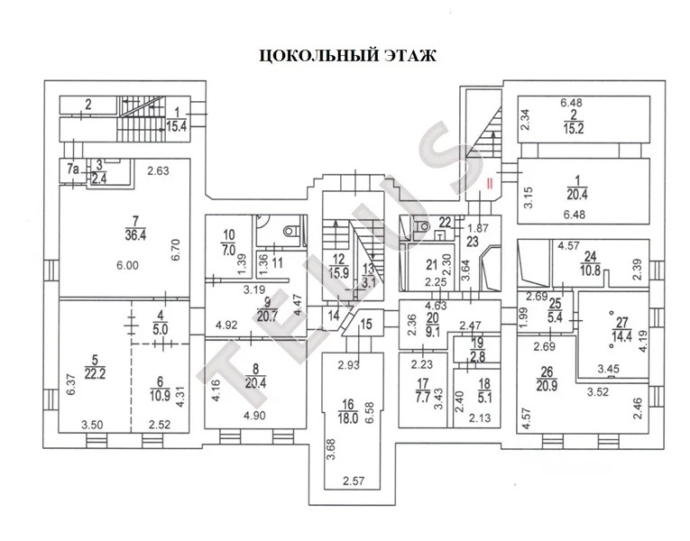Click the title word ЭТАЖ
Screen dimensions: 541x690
click(x=403, y=56)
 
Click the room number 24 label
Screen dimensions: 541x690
click(x=591, y=256)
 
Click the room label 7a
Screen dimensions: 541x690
click(x=72, y=167)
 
